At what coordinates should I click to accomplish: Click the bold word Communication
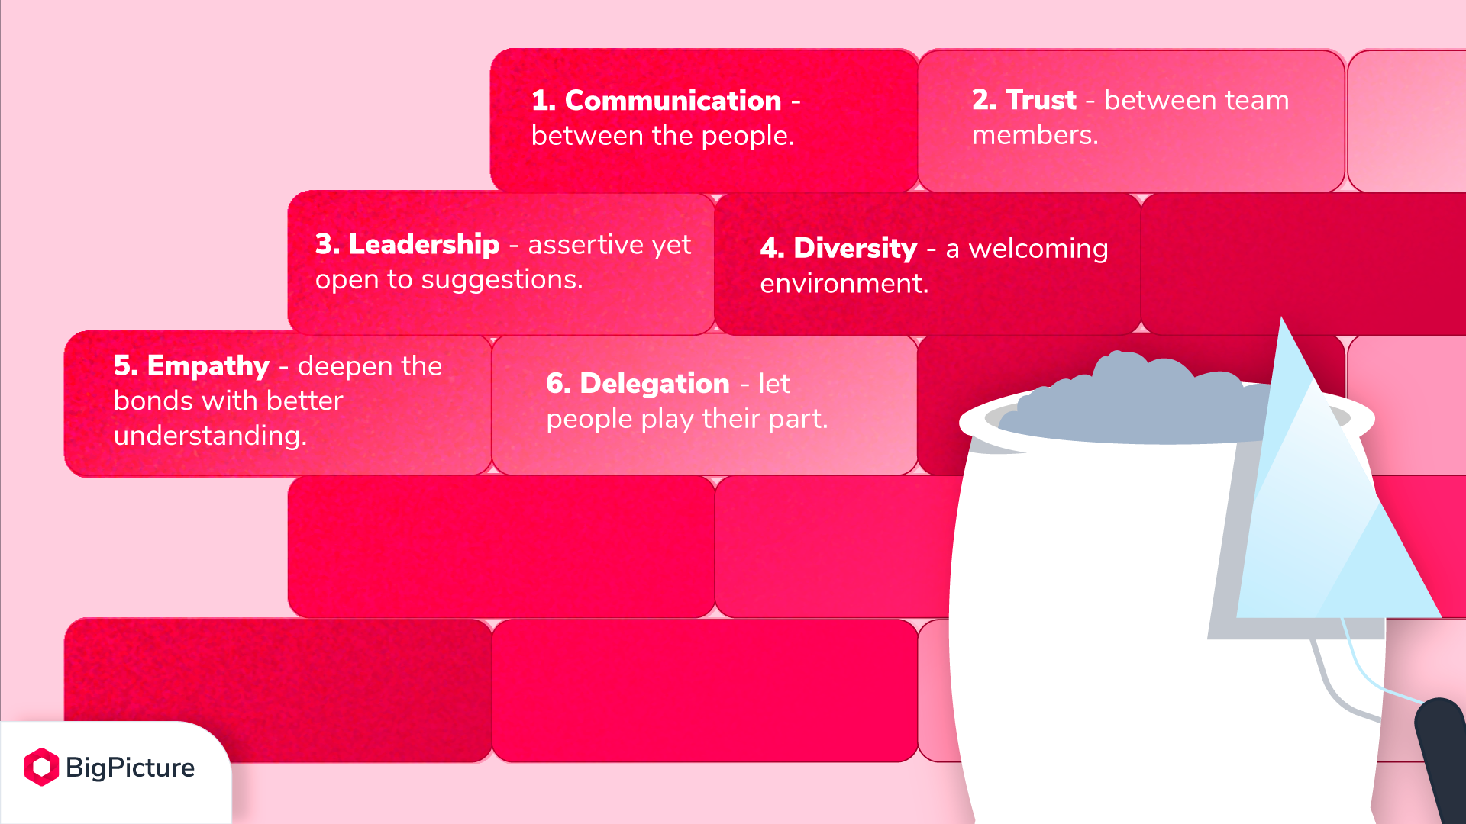coord(673,101)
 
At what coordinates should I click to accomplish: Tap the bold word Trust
coord(1041,100)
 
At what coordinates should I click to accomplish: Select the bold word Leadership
coord(424,244)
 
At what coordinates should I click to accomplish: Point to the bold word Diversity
coord(855,248)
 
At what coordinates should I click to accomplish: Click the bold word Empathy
coord(208,367)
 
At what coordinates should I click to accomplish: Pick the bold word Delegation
coord(654,384)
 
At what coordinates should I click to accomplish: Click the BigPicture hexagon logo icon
coord(41,767)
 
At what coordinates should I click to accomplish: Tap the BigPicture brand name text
coord(130,768)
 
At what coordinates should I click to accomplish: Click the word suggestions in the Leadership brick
coord(501,281)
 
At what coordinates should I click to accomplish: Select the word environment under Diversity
coord(844,284)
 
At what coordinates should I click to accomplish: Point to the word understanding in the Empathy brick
coord(210,436)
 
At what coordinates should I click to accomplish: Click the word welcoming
coord(1038,249)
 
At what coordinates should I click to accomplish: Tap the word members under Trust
coord(1035,135)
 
